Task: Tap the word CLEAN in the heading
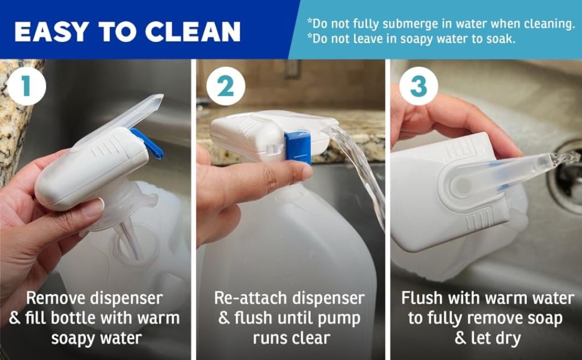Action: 193,32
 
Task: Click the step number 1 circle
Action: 26,86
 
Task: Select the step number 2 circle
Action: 226,86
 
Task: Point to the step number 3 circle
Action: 419,86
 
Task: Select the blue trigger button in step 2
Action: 298,147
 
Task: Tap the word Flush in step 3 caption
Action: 422,298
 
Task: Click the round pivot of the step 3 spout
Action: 463,184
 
